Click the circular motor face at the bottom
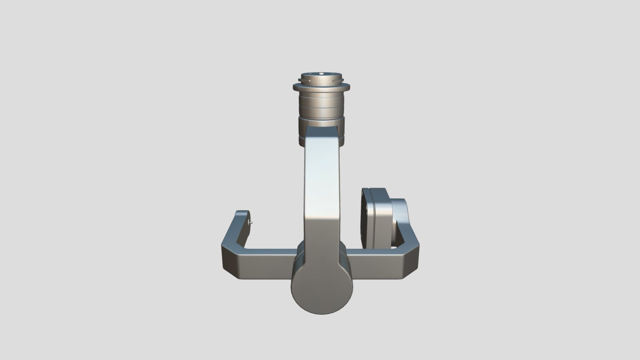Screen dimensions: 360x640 [322, 285]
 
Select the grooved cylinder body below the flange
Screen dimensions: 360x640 [321, 107]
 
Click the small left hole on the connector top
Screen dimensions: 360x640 [310, 74]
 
